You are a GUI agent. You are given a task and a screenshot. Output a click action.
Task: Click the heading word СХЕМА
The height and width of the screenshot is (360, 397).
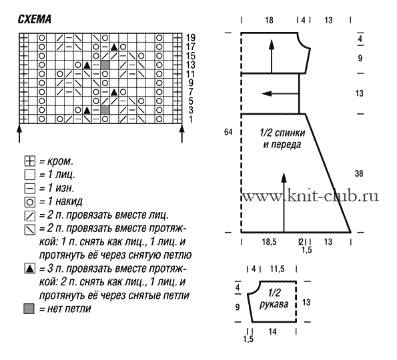click(35, 19)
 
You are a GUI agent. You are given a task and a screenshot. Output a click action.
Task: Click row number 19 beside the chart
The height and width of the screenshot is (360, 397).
click(191, 38)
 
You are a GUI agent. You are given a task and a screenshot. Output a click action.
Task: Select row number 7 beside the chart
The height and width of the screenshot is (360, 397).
click(191, 92)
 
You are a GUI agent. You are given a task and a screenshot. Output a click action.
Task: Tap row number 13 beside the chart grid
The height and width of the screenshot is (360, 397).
click(191, 65)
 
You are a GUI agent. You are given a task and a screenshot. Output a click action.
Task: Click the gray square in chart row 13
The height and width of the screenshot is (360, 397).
click(105, 65)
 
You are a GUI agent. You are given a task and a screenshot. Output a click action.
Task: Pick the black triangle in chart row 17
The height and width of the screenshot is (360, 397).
click(114, 47)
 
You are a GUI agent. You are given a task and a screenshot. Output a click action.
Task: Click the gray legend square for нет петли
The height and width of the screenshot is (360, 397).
click(29, 309)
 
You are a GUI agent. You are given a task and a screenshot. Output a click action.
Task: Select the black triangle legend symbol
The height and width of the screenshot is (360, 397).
click(30, 269)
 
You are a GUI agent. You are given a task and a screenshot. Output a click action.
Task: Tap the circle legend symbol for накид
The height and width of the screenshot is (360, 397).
click(30, 202)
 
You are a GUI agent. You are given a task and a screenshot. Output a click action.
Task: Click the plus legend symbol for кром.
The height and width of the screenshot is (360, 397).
click(30, 161)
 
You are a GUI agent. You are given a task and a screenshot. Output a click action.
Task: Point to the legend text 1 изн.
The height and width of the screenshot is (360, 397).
click(61, 188)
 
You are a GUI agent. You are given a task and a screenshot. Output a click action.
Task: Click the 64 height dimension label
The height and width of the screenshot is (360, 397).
click(228, 132)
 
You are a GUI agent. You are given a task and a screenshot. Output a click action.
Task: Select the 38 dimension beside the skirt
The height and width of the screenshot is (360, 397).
click(359, 173)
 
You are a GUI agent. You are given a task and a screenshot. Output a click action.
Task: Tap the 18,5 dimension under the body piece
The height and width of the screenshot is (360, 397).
click(269, 242)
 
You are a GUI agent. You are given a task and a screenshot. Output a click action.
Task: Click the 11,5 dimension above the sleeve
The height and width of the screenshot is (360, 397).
click(278, 269)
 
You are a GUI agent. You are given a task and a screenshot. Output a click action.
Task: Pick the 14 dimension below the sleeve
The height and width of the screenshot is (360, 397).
click(272, 331)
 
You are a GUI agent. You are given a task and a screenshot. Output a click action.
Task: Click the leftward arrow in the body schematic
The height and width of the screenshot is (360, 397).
click(280, 93)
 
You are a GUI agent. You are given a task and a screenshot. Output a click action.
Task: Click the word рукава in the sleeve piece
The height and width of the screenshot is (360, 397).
click(274, 305)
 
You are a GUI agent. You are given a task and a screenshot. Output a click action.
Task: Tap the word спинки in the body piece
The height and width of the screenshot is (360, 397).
click(290, 133)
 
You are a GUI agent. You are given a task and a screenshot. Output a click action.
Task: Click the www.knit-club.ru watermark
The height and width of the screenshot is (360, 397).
click(311, 196)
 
